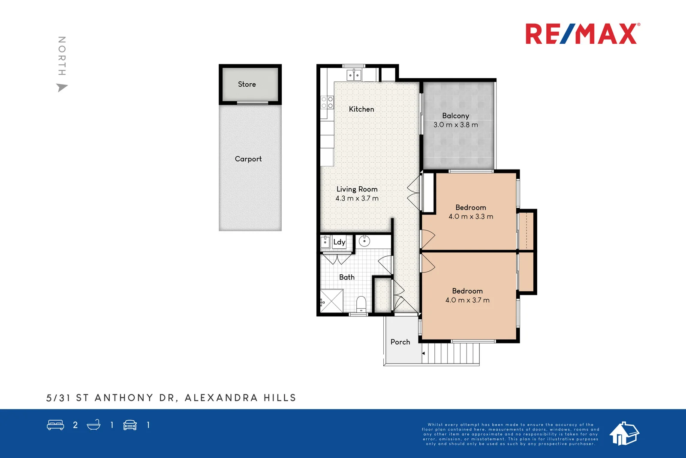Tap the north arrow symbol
(x=62, y=88)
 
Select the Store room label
(x=247, y=85)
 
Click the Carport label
(x=248, y=159)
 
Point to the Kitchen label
(x=361, y=109)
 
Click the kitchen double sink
(x=354, y=76)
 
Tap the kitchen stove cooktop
(x=327, y=102)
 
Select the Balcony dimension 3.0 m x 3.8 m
(x=455, y=125)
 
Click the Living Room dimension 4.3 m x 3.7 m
(x=357, y=198)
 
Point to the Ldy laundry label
(x=339, y=242)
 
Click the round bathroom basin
(x=364, y=241)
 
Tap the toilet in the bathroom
(x=361, y=303)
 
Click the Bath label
(x=347, y=277)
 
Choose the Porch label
(x=400, y=342)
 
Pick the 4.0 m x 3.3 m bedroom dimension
(x=471, y=217)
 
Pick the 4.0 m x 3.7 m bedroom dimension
(x=467, y=300)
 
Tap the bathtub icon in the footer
(x=93, y=425)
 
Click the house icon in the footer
(x=624, y=433)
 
